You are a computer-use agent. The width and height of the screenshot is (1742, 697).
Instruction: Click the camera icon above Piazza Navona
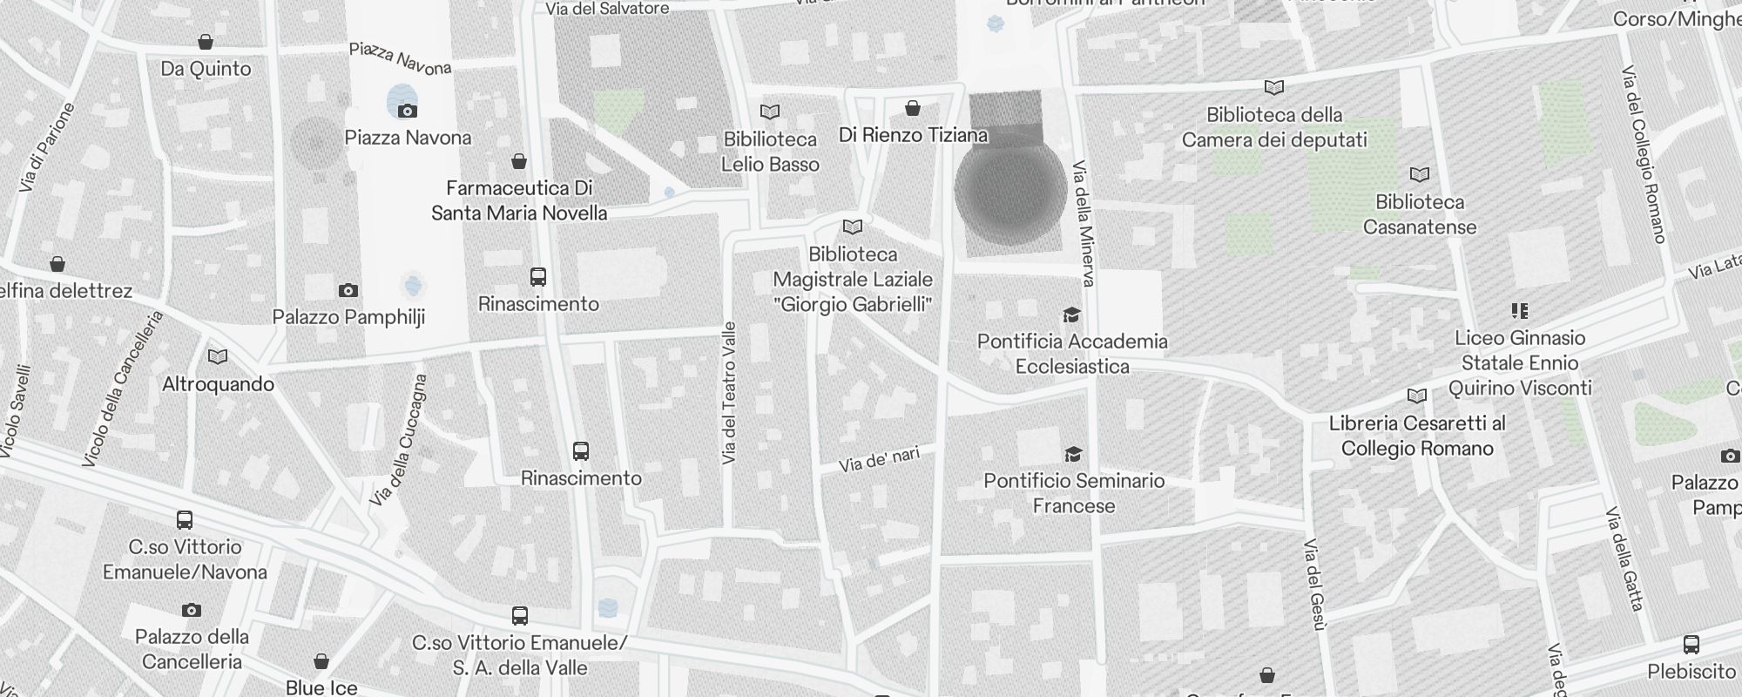coord(407,111)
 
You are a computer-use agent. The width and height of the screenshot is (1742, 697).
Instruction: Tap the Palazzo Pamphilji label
coord(348,317)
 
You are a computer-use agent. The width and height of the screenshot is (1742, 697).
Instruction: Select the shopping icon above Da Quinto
coord(206,42)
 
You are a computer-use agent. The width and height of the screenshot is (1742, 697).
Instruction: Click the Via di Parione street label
coord(46,147)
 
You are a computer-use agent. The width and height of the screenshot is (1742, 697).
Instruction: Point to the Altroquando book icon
coord(218,357)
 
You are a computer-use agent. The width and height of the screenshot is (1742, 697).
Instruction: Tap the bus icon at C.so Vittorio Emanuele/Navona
coord(185,520)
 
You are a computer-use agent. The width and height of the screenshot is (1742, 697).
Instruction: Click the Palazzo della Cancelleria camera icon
coord(192,610)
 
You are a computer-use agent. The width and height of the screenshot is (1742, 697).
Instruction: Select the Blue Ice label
coord(321,687)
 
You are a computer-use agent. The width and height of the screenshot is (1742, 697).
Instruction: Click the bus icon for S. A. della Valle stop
coord(520,616)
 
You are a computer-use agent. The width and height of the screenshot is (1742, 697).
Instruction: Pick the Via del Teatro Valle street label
coord(730,392)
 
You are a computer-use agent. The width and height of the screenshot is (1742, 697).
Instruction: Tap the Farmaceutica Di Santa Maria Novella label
coord(519,200)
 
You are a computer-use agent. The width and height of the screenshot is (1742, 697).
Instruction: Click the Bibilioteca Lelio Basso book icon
coord(770,112)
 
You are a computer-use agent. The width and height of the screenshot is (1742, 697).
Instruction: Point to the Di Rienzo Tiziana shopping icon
coord(913,108)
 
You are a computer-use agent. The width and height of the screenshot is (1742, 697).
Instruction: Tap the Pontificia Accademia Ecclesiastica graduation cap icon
coord(1071,315)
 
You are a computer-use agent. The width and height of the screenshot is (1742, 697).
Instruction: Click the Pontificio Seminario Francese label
coord(1074,493)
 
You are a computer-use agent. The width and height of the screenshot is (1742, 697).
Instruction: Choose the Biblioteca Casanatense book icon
coord(1420,175)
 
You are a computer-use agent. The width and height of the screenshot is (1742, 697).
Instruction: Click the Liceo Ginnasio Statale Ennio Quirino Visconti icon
coord(1520,311)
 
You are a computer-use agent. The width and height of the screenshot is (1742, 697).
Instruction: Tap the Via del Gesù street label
coord(1314,584)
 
